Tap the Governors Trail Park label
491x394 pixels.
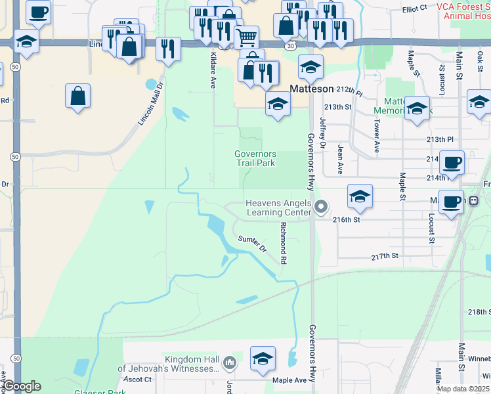click(x=255, y=158)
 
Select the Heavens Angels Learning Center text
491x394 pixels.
click(x=278, y=208)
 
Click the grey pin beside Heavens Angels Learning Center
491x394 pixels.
click(x=321, y=208)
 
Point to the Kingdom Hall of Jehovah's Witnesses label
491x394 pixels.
click(x=169, y=364)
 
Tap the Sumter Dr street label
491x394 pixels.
click(x=253, y=244)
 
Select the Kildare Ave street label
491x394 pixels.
click(x=213, y=68)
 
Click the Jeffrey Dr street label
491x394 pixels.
click(x=322, y=132)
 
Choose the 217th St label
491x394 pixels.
click(x=385, y=256)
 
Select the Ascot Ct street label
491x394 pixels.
click(x=137, y=379)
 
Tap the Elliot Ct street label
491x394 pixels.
click(x=414, y=7)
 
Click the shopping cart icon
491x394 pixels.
click(x=246, y=37)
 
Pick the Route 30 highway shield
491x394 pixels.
click(x=289, y=46)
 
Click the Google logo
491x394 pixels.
click(x=21, y=386)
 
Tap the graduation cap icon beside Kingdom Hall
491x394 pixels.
click(x=263, y=359)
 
